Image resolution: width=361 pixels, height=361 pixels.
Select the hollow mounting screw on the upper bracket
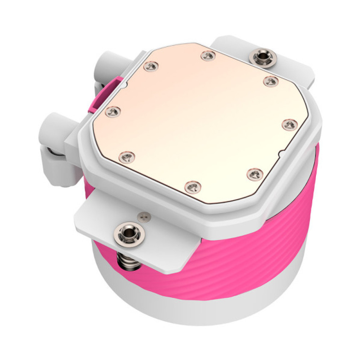(262, 56)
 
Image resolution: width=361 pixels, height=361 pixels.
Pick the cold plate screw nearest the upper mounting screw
(270, 81)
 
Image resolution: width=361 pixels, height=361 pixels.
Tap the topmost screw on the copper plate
(208, 56)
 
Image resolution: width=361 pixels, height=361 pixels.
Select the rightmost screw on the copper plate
(289, 123)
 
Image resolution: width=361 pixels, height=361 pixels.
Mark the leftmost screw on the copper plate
(113, 111)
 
